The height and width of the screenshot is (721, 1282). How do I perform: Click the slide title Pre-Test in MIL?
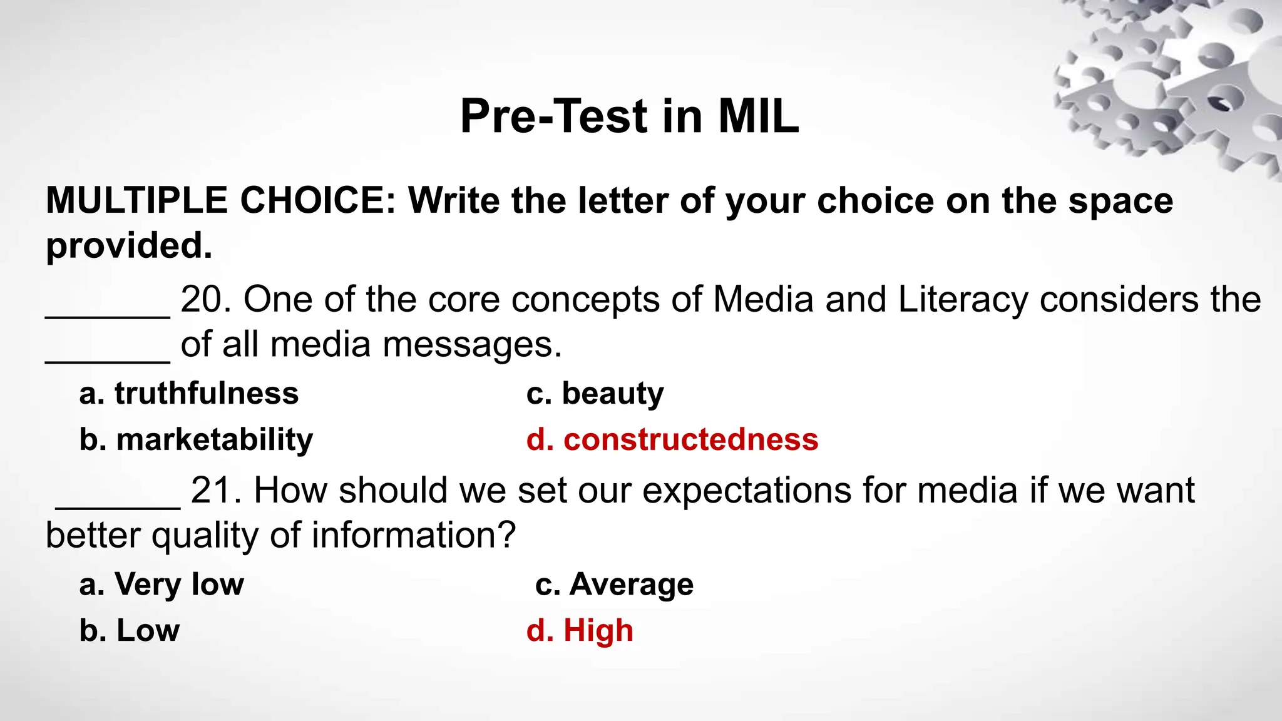point(629,116)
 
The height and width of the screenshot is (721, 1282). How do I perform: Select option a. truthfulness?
point(189,394)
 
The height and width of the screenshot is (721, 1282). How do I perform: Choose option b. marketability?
point(196,440)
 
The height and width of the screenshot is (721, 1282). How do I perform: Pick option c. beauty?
point(595,394)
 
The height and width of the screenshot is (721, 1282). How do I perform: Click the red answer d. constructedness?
point(672,440)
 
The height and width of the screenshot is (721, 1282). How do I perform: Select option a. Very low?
point(162,585)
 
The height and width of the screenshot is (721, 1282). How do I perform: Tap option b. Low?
point(130,630)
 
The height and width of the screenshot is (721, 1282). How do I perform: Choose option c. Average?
point(614,585)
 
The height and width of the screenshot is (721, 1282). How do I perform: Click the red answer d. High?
point(580,630)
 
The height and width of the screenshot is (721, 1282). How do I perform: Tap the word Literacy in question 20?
point(962,300)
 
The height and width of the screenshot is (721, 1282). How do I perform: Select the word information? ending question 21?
point(413,536)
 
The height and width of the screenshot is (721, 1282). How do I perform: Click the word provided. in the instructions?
point(129,246)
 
